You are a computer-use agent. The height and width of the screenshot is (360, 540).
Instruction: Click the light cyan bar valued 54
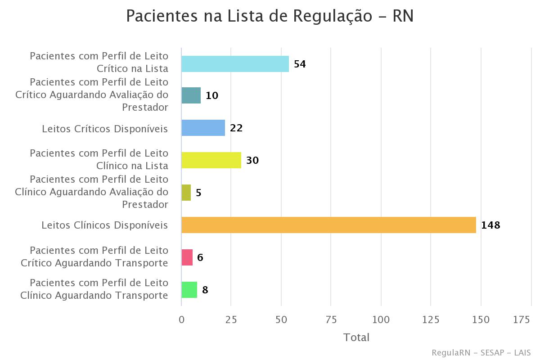click(235, 64)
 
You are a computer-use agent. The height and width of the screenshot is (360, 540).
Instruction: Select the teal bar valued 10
click(191, 95)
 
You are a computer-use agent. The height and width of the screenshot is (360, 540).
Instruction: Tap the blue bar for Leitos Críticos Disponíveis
click(203, 128)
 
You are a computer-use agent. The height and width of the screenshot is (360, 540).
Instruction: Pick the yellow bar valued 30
click(211, 160)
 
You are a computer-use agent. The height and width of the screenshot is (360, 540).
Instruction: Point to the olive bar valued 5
click(186, 193)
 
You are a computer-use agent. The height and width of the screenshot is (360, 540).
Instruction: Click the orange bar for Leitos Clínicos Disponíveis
click(328, 225)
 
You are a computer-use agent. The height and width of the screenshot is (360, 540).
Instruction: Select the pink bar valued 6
click(187, 257)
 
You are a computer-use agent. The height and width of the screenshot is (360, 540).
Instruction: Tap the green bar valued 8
click(189, 290)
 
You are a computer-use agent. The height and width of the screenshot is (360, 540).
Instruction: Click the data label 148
click(490, 225)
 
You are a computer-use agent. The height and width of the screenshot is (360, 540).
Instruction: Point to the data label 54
click(300, 64)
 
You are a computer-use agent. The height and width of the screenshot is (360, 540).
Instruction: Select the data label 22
click(236, 128)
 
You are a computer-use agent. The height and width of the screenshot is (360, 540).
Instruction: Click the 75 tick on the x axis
click(331, 319)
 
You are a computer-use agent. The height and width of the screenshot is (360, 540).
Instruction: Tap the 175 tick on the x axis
click(522, 319)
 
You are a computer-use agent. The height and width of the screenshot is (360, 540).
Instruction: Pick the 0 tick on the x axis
click(181, 319)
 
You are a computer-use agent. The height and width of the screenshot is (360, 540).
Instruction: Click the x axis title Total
click(356, 337)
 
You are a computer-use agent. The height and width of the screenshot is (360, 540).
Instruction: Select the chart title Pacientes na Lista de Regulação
click(270, 16)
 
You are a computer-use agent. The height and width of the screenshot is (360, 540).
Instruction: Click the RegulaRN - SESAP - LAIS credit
click(481, 352)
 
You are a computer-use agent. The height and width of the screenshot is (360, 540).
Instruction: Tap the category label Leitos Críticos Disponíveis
click(105, 129)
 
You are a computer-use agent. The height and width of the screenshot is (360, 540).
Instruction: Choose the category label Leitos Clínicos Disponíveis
click(105, 225)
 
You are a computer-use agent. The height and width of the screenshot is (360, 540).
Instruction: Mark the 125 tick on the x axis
click(431, 319)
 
